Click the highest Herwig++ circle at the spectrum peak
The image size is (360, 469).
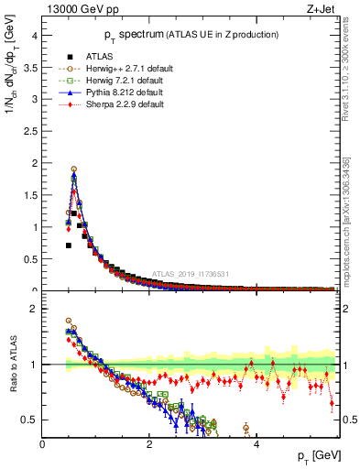pos(73,169)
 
